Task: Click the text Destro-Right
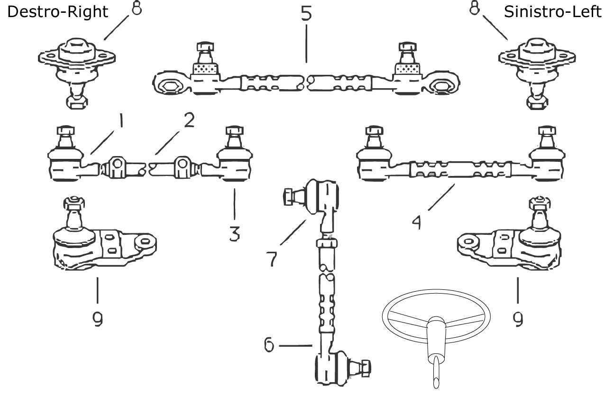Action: (x=57, y=11)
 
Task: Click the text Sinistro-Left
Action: (x=552, y=11)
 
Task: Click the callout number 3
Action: (x=234, y=232)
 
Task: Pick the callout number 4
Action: (x=416, y=221)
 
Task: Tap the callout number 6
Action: (x=269, y=345)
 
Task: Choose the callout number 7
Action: (x=272, y=258)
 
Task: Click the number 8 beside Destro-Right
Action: (x=137, y=9)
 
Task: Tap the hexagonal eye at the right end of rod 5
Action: (x=445, y=87)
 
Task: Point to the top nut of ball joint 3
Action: (x=232, y=130)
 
